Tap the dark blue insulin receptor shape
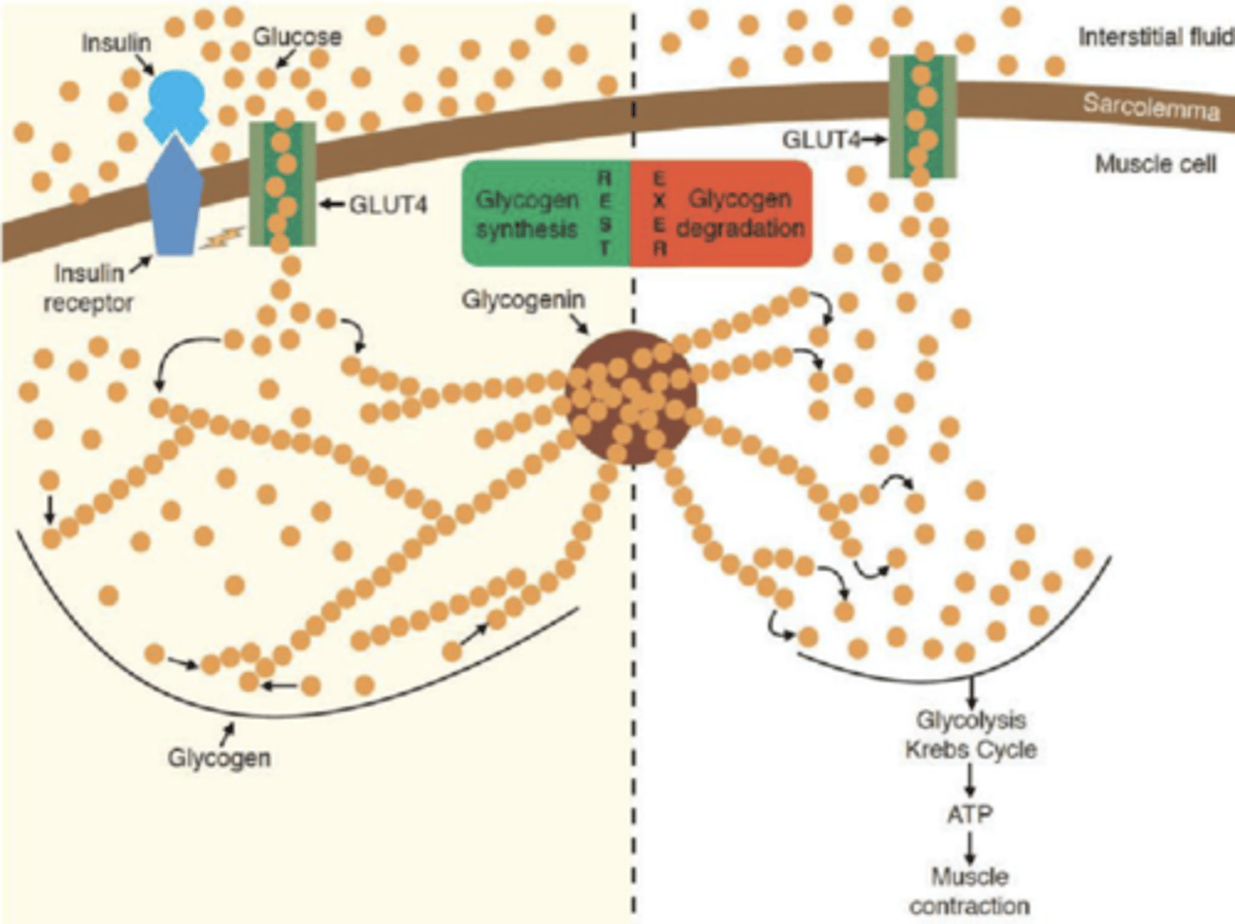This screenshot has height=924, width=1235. tap(175, 202)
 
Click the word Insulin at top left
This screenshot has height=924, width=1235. tap(116, 42)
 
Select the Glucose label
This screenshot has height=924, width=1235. tap(297, 37)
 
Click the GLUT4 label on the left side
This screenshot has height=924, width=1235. tap(388, 205)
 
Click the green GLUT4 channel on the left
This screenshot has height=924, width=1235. tap(281, 183)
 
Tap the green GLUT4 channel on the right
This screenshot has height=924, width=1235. tap(922, 117)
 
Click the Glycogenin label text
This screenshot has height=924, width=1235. tap(523, 300)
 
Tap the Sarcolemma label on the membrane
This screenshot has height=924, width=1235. tap(1150, 107)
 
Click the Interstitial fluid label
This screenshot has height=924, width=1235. tap(1154, 37)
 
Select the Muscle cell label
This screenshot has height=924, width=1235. tap(1155, 163)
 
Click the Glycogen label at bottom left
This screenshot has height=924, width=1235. tap(219, 758)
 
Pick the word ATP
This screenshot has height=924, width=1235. tap(969, 813)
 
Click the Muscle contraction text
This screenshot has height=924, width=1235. tap(969, 891)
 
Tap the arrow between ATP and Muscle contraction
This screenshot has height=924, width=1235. tap(970, 847)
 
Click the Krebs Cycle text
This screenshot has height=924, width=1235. tap(970, 750)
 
